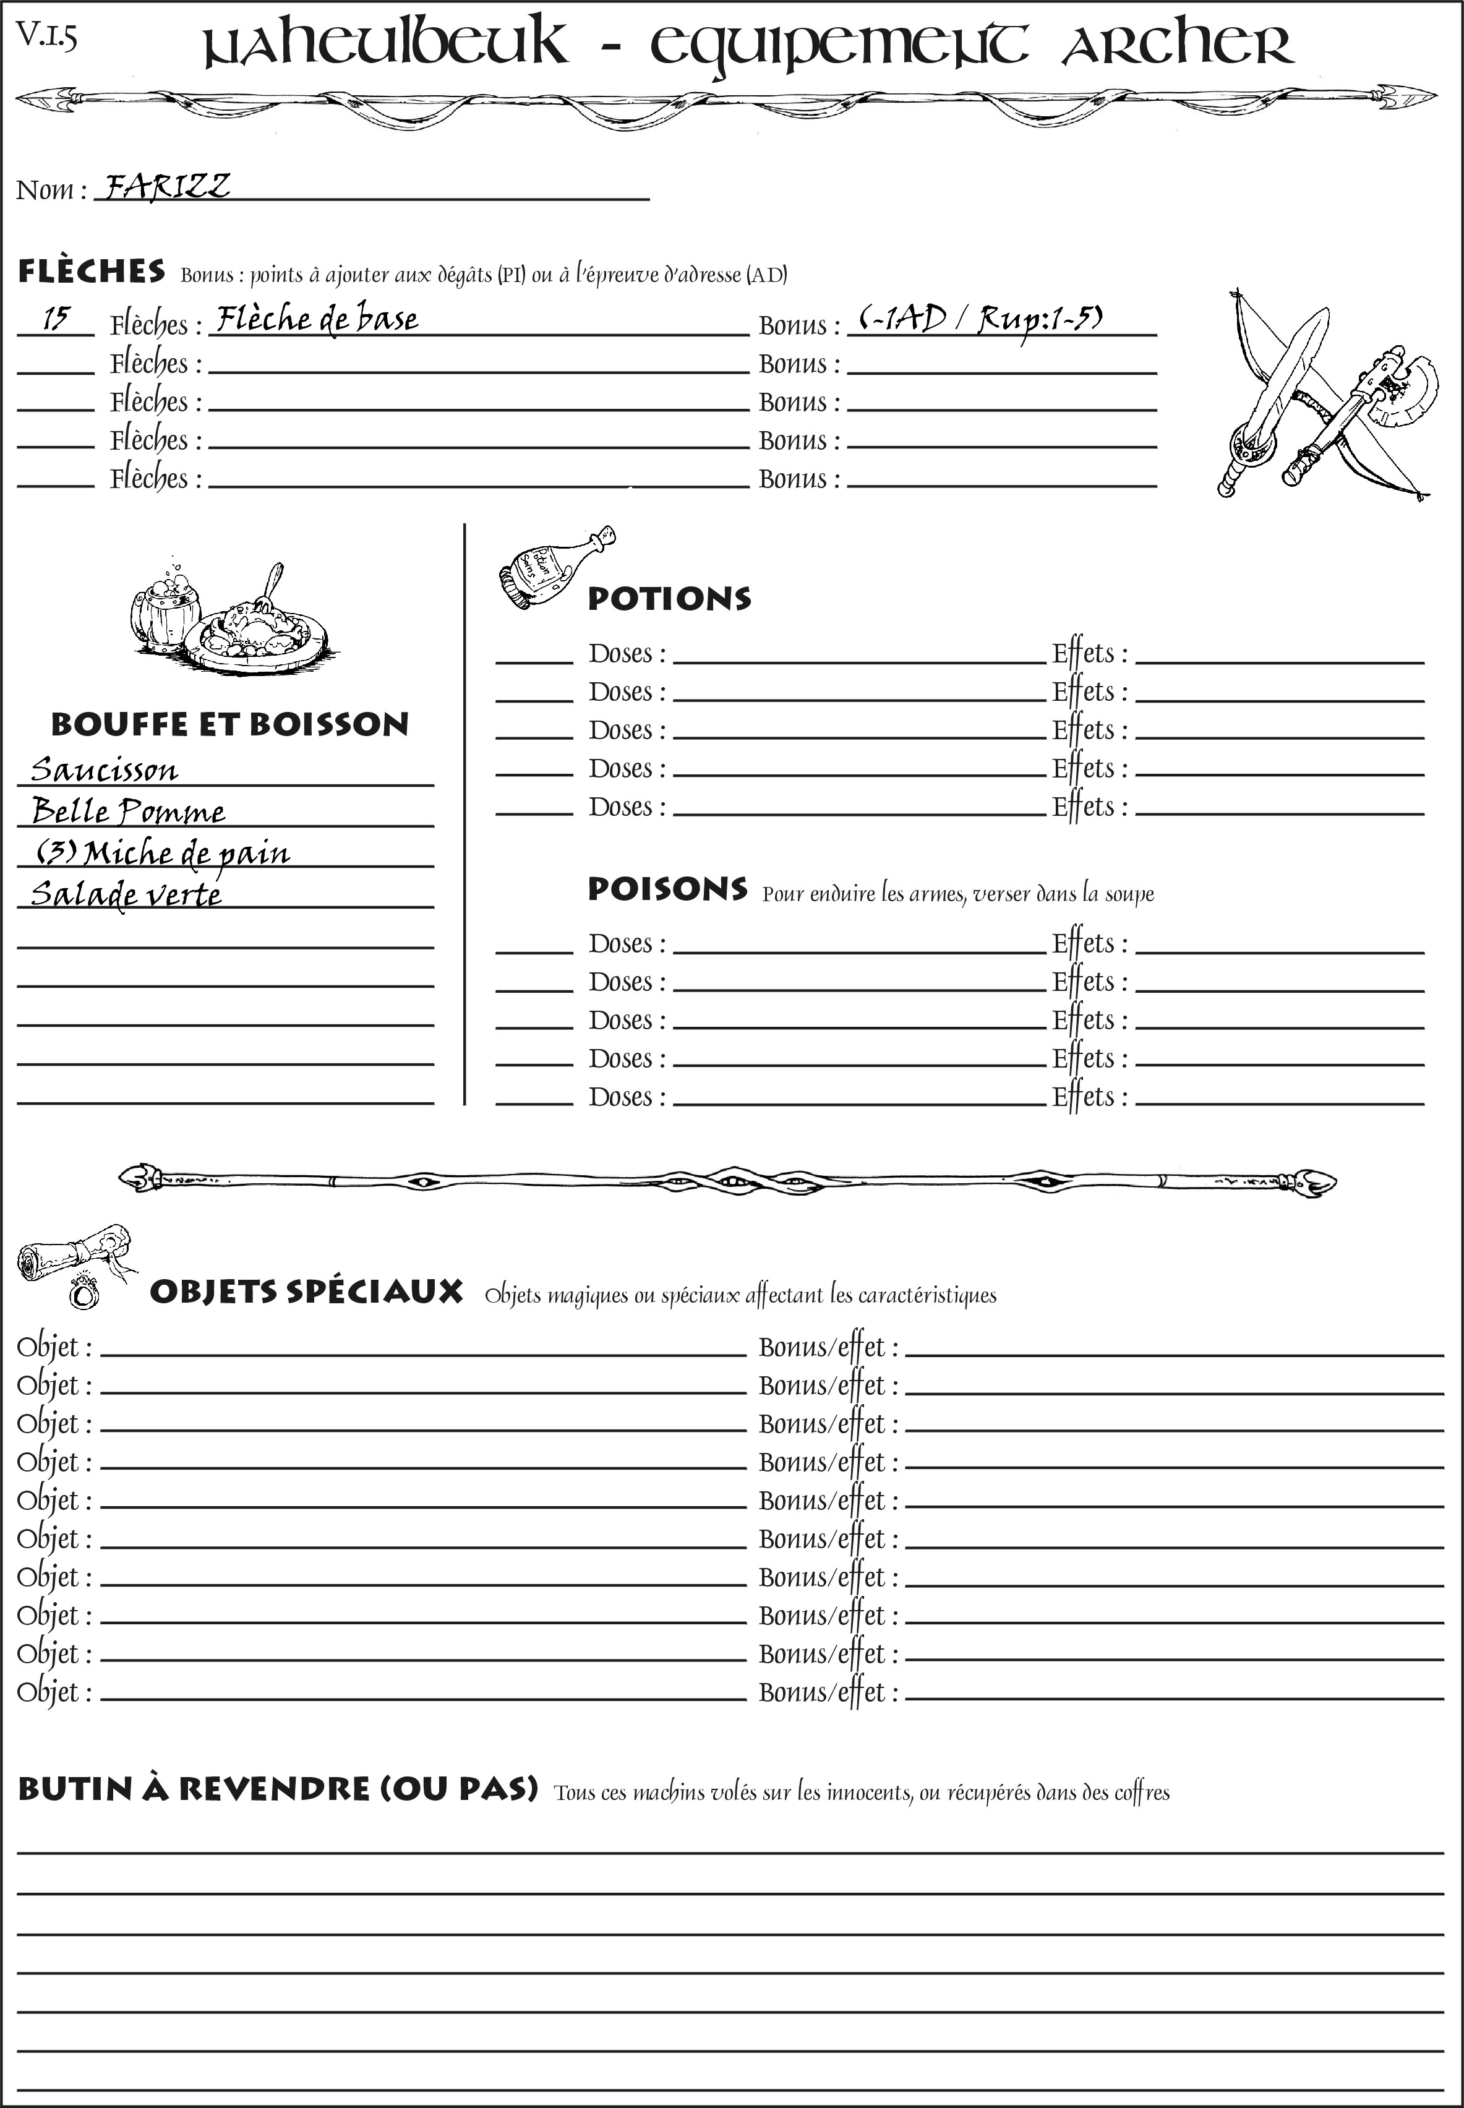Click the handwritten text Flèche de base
pos(317,319)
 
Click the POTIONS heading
pos(669,599)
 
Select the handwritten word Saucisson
pos(104,769)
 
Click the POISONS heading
pos(667,889)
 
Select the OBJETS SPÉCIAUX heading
pos(306,1292)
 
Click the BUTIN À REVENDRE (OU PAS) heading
pos(277,1789)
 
